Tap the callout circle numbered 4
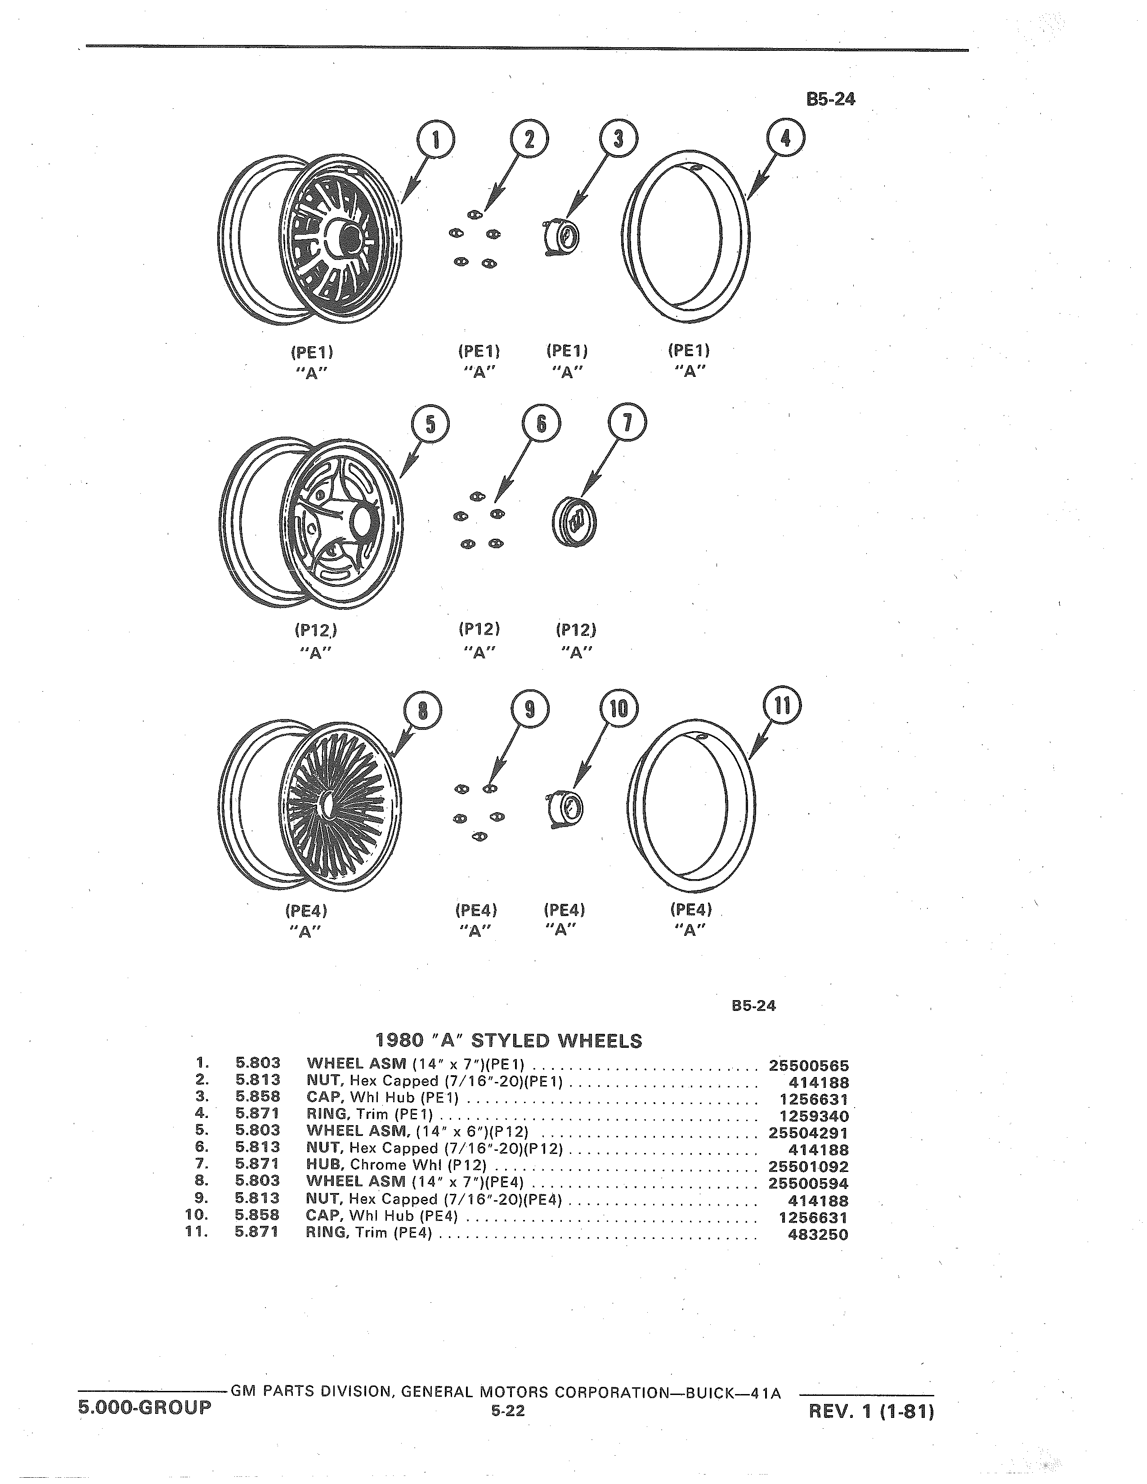(x=785, y=139)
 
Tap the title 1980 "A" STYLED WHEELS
(x=508, y=1041)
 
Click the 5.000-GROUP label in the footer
(x=144, y=1404)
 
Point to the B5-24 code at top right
(x=830, y=99)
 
